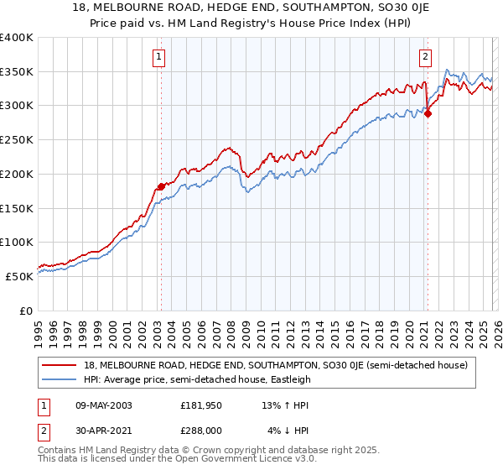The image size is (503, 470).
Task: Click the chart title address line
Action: pos(251,8)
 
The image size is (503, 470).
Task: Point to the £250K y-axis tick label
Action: pos(17,140)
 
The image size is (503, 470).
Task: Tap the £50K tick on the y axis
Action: pos(20,276)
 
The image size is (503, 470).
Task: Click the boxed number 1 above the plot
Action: pos(158,57)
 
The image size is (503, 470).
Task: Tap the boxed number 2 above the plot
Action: pos(425,57)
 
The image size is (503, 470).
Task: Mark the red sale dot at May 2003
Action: pos(161,186)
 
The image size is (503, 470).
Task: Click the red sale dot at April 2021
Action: pos(428,114)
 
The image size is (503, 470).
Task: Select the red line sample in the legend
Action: pos(60,364)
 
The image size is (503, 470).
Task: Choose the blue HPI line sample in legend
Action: pos(60,379)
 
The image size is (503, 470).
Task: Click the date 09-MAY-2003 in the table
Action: pos(103,405)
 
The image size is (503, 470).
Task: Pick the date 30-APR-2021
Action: pos(103,432)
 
